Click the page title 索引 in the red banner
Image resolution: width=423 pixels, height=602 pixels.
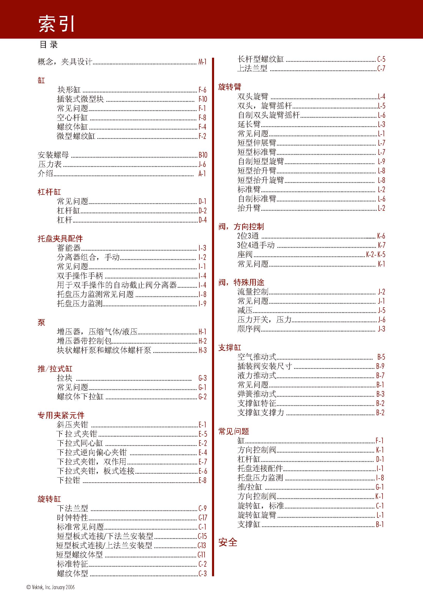(x=57, y=24)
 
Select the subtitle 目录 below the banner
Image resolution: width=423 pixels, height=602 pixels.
(x=48, y=45)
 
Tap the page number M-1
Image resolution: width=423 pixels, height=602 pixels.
(x=202, y=62)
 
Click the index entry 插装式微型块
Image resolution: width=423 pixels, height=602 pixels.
(x=80, y=99)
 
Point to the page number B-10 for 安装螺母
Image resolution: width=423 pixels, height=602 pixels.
(x=203, y=155)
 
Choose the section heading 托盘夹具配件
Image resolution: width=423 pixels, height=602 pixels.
(x=60, y=239)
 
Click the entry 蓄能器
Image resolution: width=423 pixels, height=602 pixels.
(x=69, y=248)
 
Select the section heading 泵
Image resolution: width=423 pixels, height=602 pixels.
(x=41, y=323)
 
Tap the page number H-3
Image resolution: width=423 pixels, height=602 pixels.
(x=202, y=350)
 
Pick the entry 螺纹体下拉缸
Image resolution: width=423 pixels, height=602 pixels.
(x=80, y=396)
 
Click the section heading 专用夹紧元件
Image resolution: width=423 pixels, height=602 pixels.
(x=61, y=415)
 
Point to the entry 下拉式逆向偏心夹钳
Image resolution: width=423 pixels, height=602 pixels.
(x=92, y=452)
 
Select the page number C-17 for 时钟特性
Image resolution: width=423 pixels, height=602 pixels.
(x=203, y=518)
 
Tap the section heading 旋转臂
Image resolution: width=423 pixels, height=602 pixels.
(x=230, y=87)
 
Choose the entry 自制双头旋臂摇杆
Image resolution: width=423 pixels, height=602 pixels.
(x=268, y=115)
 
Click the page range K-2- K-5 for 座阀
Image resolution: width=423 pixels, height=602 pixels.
(x=376, y=255)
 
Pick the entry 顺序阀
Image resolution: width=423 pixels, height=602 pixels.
(x=249, y=329)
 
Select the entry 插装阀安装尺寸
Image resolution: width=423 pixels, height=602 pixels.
(x=265, y=366)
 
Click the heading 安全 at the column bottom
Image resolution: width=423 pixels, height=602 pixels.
(x=228, y=542)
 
